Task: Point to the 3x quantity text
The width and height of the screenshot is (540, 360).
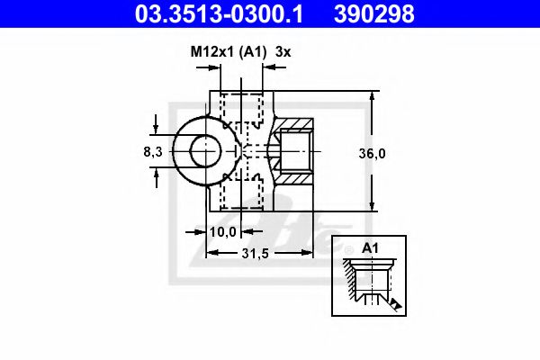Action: [x=283, y=52]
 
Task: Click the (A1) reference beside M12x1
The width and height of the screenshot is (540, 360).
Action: [x=254, y=52]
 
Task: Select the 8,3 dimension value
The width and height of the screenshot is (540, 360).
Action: [x=153, y=152]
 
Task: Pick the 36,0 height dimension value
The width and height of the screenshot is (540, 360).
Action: [x=372, y=153]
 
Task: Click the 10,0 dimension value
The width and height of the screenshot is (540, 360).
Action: [x=223, y=231]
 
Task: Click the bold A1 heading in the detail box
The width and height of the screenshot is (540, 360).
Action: [x=369, y=248]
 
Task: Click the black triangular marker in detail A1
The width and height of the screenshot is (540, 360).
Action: [x=395, y=304]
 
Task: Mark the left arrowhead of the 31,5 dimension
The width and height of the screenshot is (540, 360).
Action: [x=211, y=255]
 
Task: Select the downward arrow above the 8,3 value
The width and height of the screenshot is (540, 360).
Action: [x=157, y=127]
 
